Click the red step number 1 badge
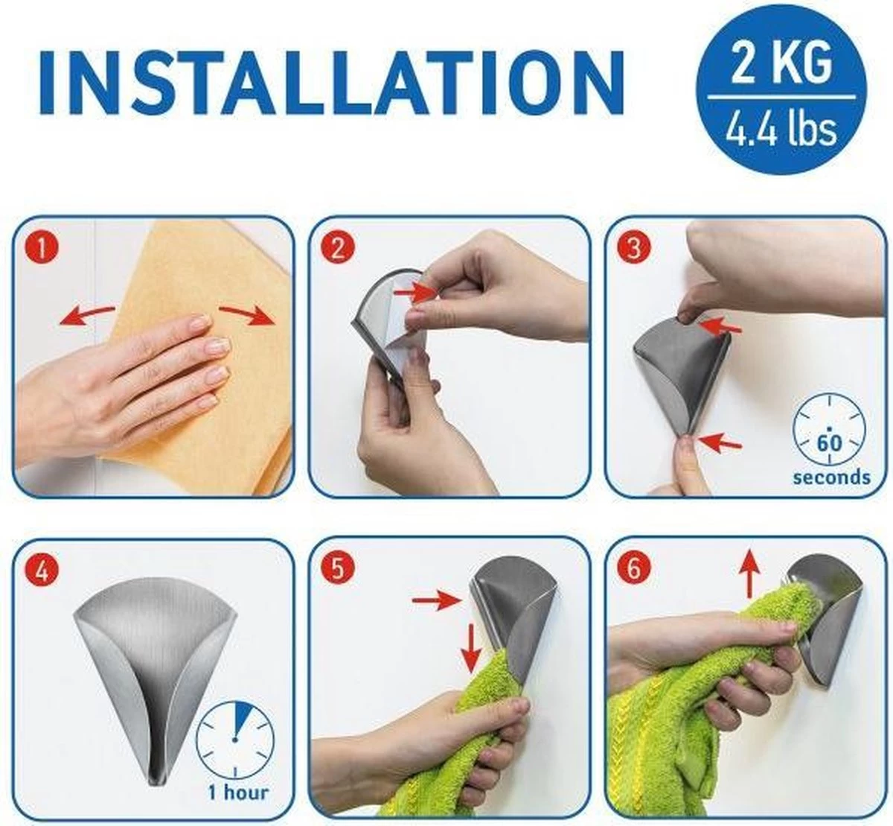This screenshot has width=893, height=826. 42,248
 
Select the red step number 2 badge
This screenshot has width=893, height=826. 337,248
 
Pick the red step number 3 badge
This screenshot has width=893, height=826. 633,248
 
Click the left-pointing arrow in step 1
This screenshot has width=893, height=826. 86,314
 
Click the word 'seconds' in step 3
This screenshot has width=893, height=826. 831,477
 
